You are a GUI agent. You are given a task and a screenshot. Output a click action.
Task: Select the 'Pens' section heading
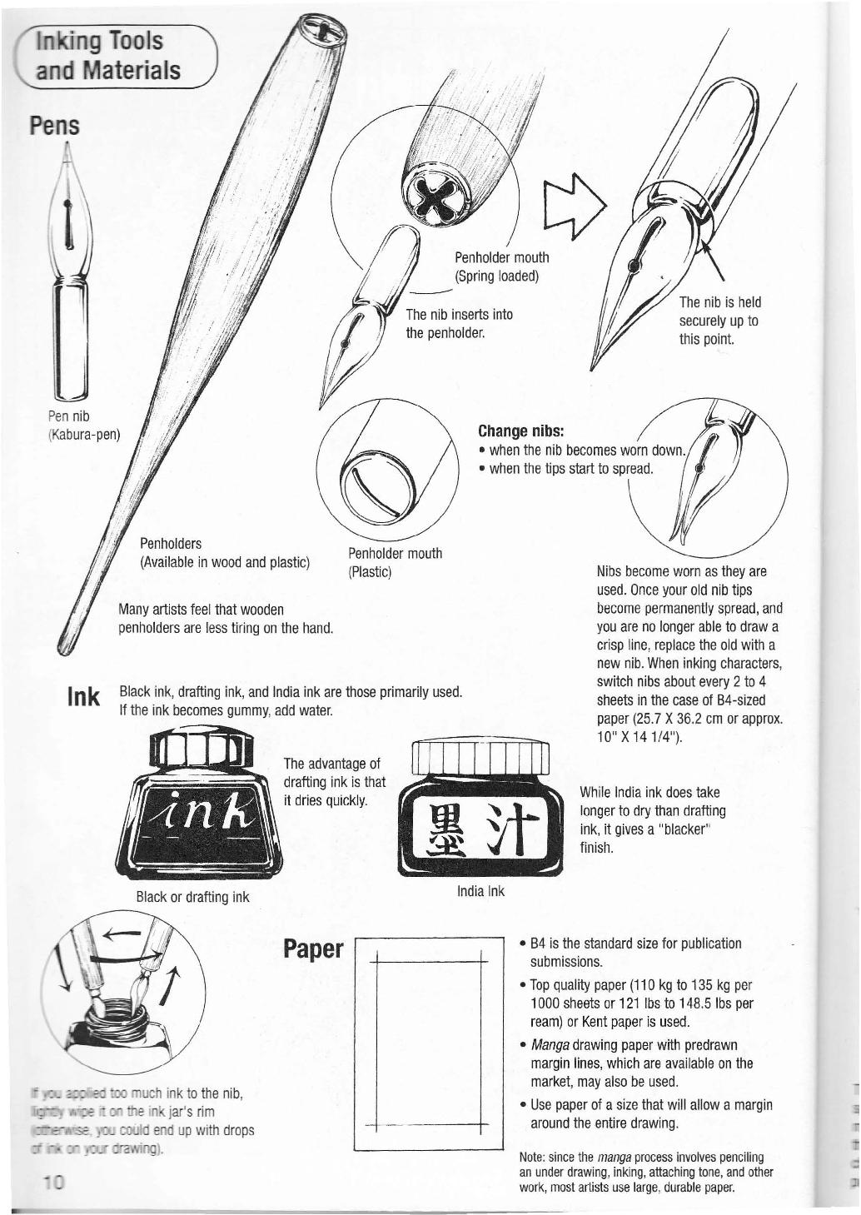[x=54, y=125]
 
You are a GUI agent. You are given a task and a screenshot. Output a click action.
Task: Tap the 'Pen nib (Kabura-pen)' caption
[x=83, y=425]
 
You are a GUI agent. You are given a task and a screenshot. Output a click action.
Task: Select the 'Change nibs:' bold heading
[x=521, y=431]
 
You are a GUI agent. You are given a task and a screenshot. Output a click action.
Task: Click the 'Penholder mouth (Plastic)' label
[x=395, y=562]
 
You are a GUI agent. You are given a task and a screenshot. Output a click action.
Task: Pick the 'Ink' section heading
[x=84, y=697]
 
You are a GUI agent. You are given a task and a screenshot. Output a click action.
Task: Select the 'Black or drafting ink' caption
[x=192, y=897]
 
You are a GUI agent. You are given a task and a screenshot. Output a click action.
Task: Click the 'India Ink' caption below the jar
[x=480, y=891]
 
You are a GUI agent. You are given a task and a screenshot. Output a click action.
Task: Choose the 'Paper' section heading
[x=313, y=949]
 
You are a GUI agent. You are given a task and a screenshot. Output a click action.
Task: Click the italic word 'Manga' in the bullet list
[x=550, y=1045]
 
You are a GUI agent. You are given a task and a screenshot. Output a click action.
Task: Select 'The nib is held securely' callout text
[x=719, y=321]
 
